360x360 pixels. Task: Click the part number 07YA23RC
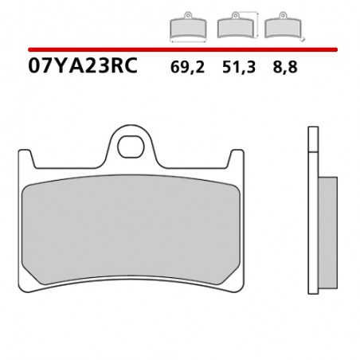click(x=83, y=65)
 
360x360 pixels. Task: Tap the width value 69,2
click(x=187, y=67)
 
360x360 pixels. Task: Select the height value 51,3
click(x=239, y=67)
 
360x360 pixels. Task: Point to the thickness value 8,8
click(x=285, y=67)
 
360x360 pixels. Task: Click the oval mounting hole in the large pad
click(x=131, y=147)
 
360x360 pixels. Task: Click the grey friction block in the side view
click(x=328, y=233)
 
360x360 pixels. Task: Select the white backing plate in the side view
click(x=313, y=210)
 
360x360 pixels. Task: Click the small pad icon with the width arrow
click(x=188, y=25)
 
